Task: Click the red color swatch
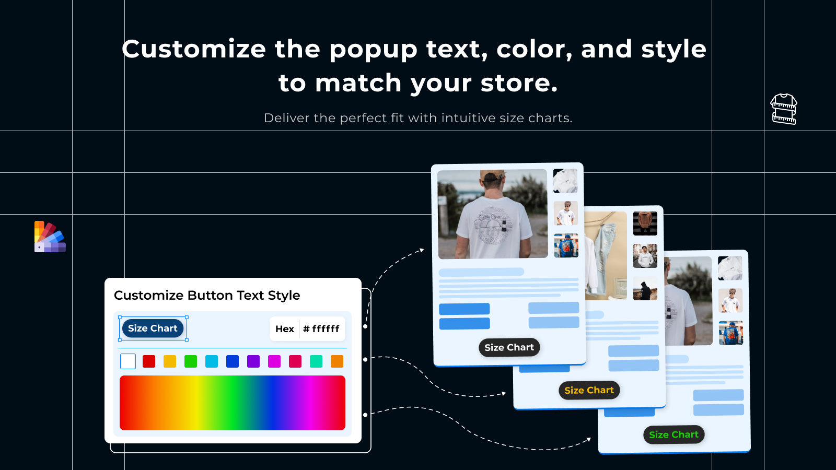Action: [x=148, y=361]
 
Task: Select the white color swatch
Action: [x=127, y=361]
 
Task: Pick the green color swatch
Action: [x=190, y=361]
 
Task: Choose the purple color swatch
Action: [x=253, y=361]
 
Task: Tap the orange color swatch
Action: [x=336, y=361]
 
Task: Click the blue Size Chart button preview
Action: [x=153, y=328]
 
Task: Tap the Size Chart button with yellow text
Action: [x=589, y=390]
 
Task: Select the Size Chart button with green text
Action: [x=674, y=434]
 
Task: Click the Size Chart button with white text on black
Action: [x=509, y=347]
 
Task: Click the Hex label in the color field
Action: [x=285, y=329]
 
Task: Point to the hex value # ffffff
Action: [x=321, y=329]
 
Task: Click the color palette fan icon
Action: [x=50, y=237]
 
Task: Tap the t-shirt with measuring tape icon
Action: [x=783, y=109]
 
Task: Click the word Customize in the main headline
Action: [x=194, y=49]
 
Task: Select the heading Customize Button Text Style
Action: [x=207, y=295]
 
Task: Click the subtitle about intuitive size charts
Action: [x=418, y=118]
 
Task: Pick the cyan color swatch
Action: [x=211, y=361]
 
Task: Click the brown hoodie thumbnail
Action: [x=645, y=224]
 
